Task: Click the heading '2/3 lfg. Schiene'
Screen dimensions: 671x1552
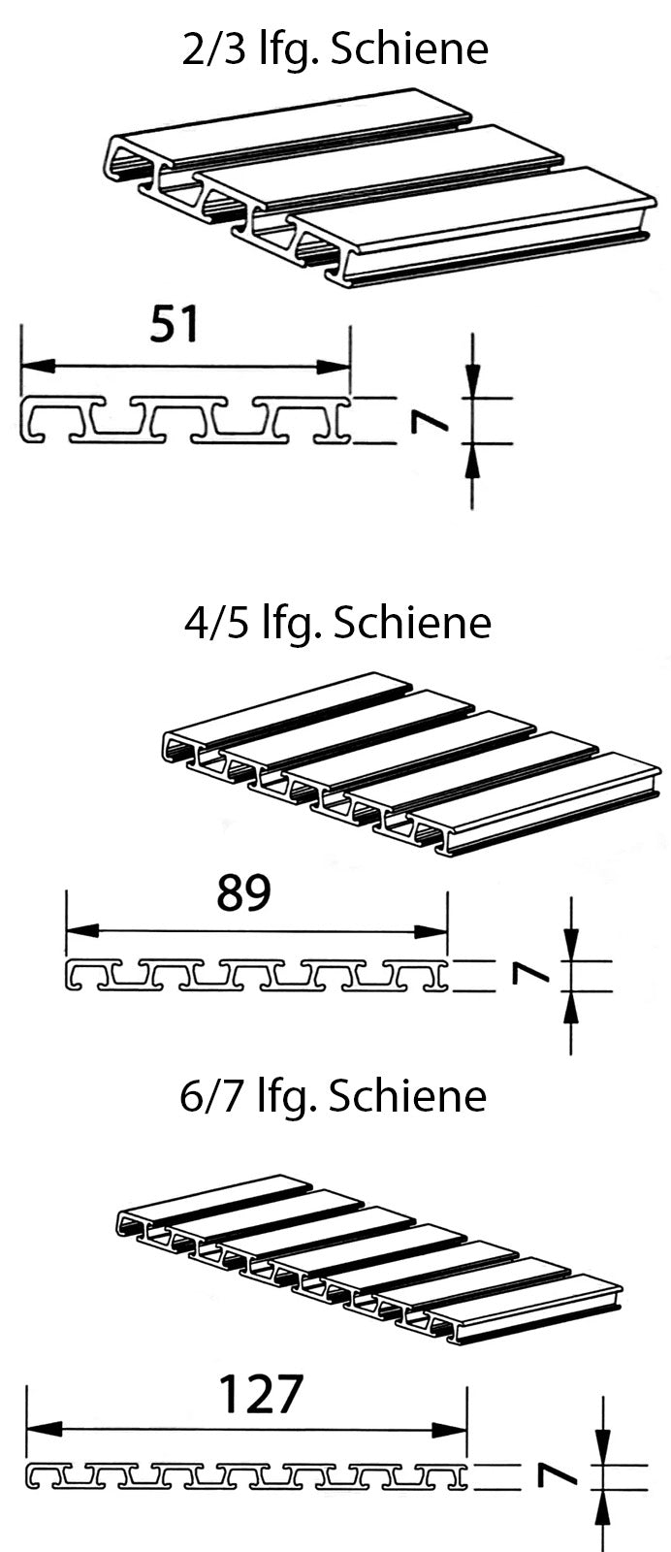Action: [335, 49]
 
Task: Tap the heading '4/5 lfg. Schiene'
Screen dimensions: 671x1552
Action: [337, 623]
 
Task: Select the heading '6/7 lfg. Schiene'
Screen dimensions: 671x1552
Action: [333, 1096]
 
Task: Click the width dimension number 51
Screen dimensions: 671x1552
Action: [175, 324]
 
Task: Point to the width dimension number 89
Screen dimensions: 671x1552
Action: [243, 893]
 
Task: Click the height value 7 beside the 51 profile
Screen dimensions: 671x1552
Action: [426, 420]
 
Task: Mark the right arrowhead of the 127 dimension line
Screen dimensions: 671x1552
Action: [451, 1430]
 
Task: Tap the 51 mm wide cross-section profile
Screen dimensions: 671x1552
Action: [185, 420]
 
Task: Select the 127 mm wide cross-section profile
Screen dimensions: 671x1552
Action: [246, 1476]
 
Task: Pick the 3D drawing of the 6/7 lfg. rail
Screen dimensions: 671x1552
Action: [368, 1261]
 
